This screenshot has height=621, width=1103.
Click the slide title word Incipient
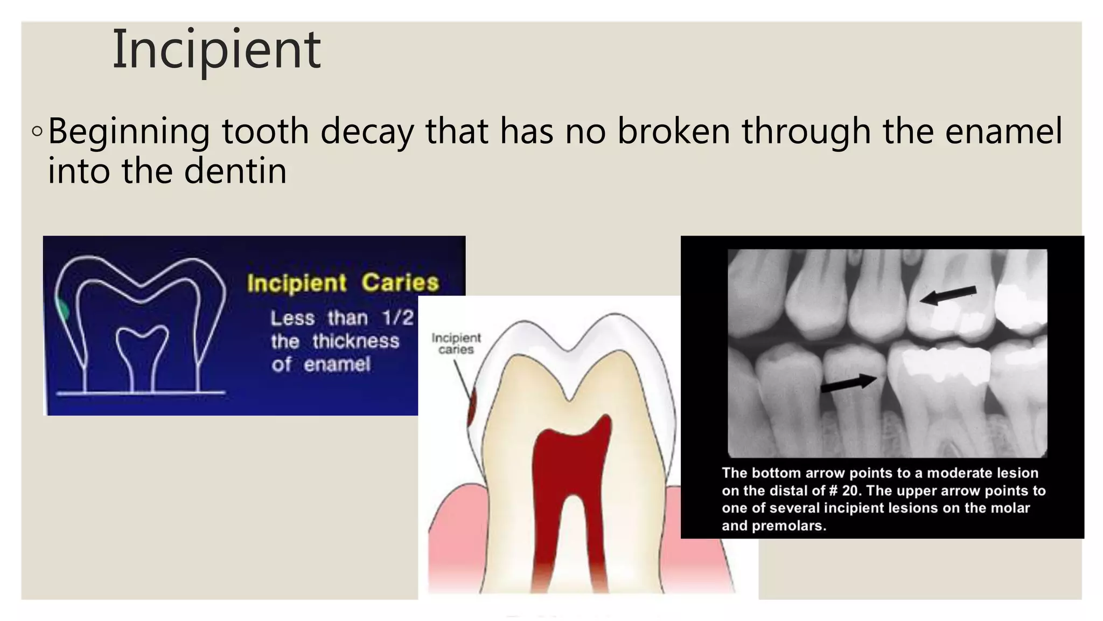pyautogui.click(x=216, y=50)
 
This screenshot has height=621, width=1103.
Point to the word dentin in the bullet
pyautogui.click(x=235, y=171)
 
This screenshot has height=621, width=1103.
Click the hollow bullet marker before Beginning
pyautogui.click(x=37, y=132)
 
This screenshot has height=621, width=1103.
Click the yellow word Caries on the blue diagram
pyautogui.click(x=400, y=282)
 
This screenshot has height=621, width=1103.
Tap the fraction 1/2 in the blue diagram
pyautogui.click(x=397, y=318)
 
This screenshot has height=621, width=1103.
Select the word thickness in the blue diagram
pyautogui.click(x=356, y=341)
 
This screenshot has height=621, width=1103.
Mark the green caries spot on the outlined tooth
pyautogui.click(x=62, y=310)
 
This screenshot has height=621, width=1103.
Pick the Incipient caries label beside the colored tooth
pyautogui.click(x=456, y=343)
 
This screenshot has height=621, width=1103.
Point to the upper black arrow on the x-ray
pyautogui.click(x=947, y=295)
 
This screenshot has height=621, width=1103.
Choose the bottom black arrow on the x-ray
pyautogui.click(x=849, y=383)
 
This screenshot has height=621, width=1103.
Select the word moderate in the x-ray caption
pyautogui.click(x=958, y=473)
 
